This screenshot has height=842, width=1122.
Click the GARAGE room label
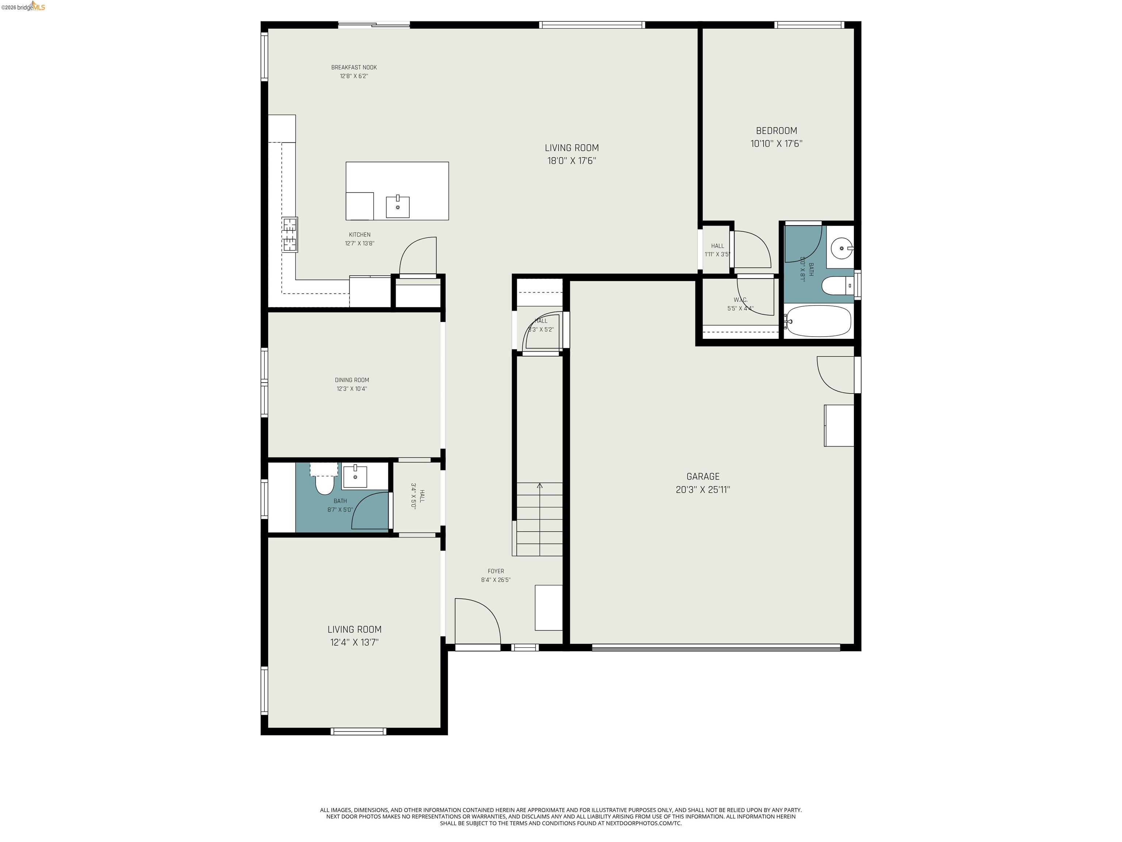(702, 477)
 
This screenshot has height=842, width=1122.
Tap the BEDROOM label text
(776, 130)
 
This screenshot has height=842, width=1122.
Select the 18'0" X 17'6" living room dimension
(571, 161)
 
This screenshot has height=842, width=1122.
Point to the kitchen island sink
(398, 207)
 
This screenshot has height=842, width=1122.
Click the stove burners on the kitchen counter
(290, 235)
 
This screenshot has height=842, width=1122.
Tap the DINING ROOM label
(351, 380)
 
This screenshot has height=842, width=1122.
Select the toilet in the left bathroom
(324, 485)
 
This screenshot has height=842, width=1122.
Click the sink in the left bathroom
(355, 477)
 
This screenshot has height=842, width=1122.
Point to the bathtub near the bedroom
(818, 321)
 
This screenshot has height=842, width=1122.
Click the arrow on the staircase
(539, 486)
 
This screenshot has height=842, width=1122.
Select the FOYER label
(496, 571)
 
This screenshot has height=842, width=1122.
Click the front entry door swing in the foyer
(479, 622)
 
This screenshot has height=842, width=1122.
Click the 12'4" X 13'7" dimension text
(354, 642)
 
